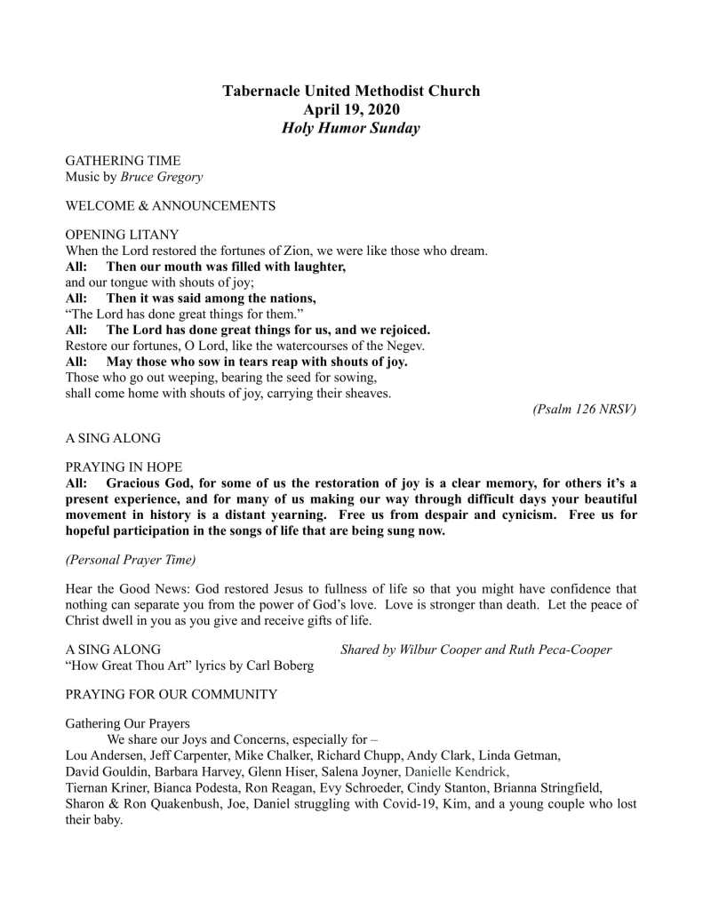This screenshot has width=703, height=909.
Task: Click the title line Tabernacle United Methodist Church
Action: (351, 91)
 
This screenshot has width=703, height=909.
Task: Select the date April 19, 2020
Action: (351, 109)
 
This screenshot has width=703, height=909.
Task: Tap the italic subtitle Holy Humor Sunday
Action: (351, 128)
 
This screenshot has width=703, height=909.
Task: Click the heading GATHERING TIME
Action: (123, 161)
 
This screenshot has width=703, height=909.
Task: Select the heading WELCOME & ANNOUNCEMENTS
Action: (171, 206)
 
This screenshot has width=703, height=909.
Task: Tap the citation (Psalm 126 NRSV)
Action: (585, 409)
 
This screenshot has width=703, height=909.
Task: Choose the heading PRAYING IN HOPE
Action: (124, 466)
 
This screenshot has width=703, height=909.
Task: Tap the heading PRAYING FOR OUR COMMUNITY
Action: (172, 694)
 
